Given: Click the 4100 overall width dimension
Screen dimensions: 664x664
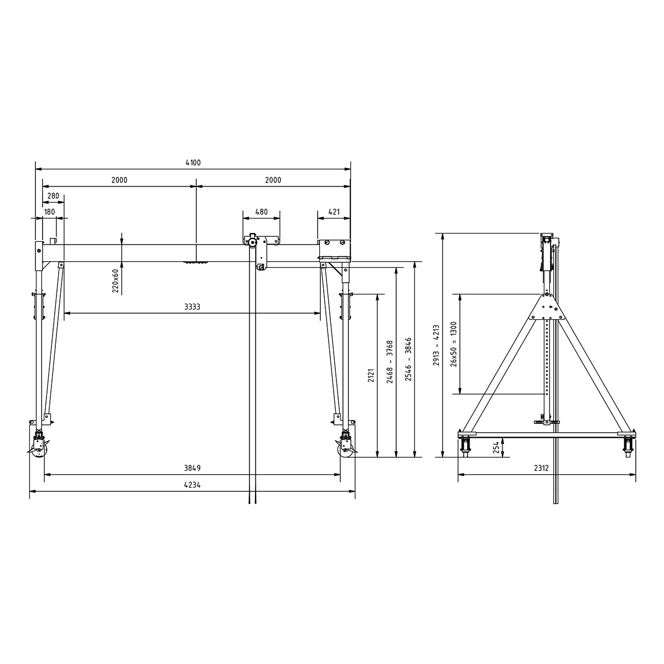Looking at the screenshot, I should pyautogui.click(x=193, y=163).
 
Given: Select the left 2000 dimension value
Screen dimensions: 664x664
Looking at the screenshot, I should pyautogui.click(x=119, y=180).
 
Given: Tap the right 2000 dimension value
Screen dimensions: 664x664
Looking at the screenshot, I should pyautogui.click(x=273, y=180).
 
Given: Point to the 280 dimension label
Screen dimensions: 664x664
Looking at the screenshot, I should pyautogui.click(x=54, y=196).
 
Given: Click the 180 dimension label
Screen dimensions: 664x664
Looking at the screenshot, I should pyautogui.click(x=49, y=212).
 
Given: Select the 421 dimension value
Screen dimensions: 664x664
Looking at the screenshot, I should pyautogui.click(x=334, y=212).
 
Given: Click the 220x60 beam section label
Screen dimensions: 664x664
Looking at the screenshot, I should pyautogui.click(x=116, y=281).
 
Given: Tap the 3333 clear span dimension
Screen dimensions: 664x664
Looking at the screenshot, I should pyautogui.click(x=192, y=307).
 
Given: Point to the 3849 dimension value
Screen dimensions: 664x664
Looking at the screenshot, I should pyautogui.click(x=192, y=468).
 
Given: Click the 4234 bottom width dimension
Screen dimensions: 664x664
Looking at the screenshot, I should pyautogui.click(x=192, y=485).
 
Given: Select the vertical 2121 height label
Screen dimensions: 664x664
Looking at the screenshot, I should pyautogui.click(x=371, y=376).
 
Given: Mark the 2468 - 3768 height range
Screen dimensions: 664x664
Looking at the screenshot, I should pyautogui.click(x=390, y=362).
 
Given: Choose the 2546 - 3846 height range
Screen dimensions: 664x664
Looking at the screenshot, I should pyautogui.click(x=408, y=360).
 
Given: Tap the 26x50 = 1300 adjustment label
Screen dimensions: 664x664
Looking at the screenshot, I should pyautogui.click(x=454, y=344).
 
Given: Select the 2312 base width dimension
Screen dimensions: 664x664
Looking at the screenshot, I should pyautogui.click(x=541, y=468).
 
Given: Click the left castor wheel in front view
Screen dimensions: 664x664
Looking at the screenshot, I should pyautogui.click(x=38, y=448).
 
